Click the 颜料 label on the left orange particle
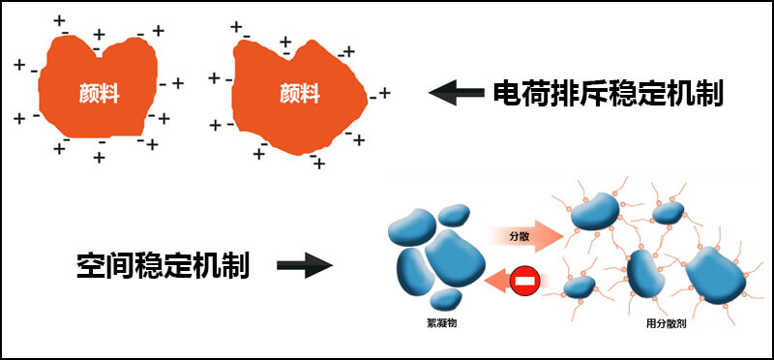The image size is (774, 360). (x=100, y=94)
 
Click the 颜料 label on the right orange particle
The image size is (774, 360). (x=300, y=94)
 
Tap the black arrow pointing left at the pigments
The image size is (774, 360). (x=455, y=93)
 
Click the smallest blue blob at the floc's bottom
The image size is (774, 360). (x=444, y=297)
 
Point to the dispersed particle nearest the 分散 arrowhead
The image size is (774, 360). (x=594, y=211)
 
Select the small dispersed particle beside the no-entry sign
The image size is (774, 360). (x=579, y=286)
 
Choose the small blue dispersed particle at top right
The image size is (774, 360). (x=668, y=213)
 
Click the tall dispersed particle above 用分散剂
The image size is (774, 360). (x=642, y=273)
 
